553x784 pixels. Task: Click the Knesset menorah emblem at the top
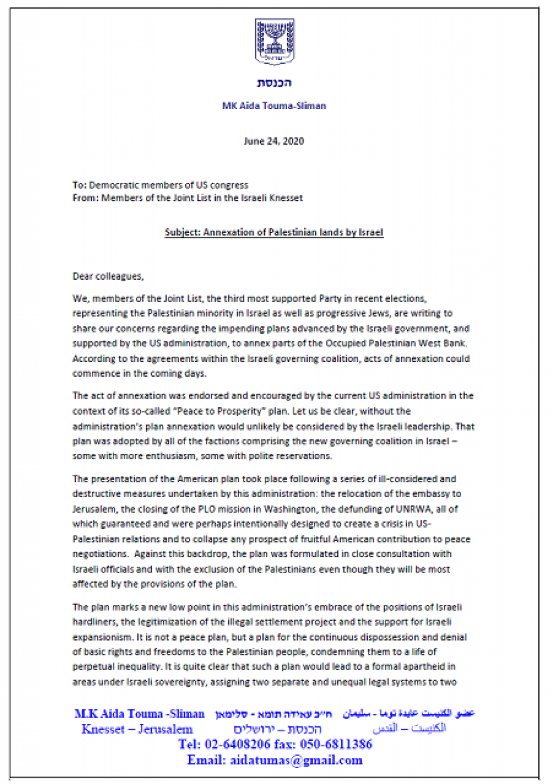274,41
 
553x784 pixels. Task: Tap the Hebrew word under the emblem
274,83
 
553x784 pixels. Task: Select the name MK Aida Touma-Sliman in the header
274,106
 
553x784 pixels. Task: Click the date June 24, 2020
274,141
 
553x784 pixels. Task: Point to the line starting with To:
160,185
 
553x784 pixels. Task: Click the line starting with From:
188,198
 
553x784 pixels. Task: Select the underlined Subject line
274,233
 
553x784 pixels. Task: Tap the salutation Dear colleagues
108,276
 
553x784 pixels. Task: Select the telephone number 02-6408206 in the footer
237,744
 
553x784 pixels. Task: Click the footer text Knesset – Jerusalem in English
137,729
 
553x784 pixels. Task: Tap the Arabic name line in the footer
409,713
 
